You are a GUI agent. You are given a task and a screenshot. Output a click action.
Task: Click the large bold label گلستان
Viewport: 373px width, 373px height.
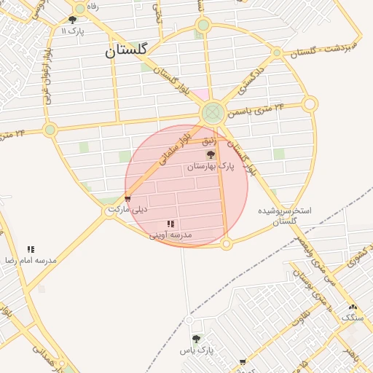126,50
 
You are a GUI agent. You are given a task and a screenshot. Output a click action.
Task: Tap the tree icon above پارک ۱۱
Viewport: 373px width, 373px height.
72,20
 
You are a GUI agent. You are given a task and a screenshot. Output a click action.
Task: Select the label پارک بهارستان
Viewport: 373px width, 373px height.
211,167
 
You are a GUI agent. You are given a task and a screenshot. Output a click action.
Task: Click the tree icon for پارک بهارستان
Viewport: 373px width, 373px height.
211,155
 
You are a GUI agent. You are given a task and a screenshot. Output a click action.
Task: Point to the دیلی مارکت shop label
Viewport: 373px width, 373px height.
127,209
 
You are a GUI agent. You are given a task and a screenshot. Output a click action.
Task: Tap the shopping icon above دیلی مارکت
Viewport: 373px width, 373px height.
127,198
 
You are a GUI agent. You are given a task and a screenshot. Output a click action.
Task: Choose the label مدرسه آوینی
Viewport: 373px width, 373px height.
170,235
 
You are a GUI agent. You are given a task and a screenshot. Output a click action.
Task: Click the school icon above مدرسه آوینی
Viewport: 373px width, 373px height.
170,224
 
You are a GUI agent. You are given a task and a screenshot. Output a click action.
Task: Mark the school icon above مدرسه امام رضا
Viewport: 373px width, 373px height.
31,249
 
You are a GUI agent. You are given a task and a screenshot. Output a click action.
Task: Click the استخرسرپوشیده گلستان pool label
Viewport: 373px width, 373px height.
285,215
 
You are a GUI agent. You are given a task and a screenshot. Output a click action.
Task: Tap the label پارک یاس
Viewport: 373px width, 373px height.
196,350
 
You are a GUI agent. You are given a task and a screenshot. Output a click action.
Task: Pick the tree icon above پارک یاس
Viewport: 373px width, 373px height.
196,339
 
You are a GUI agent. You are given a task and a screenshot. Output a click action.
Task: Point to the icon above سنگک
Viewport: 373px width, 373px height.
353,307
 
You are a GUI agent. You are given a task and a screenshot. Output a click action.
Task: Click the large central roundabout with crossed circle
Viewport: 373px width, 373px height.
212,112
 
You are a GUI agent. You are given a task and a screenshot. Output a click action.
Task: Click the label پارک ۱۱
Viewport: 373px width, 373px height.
73,31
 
